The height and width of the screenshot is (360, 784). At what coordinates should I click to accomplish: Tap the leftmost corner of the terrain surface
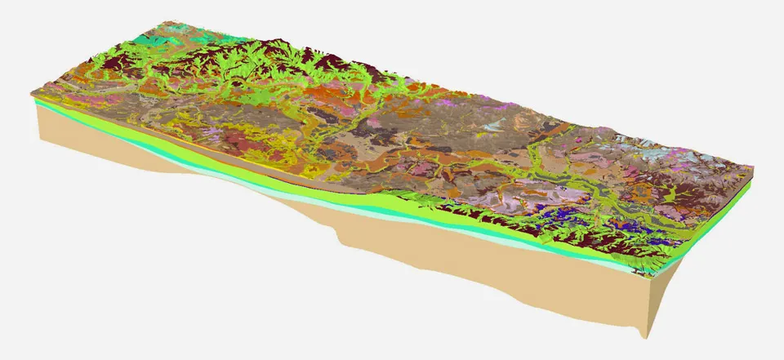(x=33, y=96)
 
